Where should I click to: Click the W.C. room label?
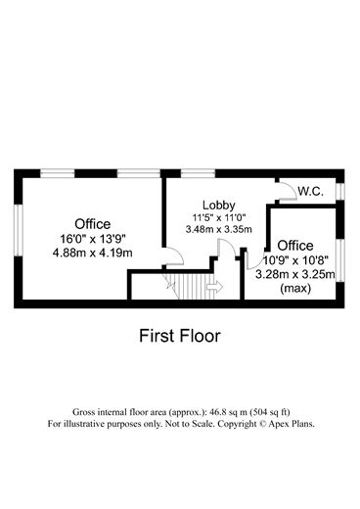(312, 191)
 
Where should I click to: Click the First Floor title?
(179, 336)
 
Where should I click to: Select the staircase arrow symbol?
(213, 286)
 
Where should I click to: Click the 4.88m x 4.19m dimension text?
(93, 253)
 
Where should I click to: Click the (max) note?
(294, 289)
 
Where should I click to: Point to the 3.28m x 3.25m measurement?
(294, 275)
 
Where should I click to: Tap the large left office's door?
(173, 257)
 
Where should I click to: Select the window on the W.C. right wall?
(338, 190)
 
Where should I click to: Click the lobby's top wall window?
(199, 173)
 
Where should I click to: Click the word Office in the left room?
(93, 223)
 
